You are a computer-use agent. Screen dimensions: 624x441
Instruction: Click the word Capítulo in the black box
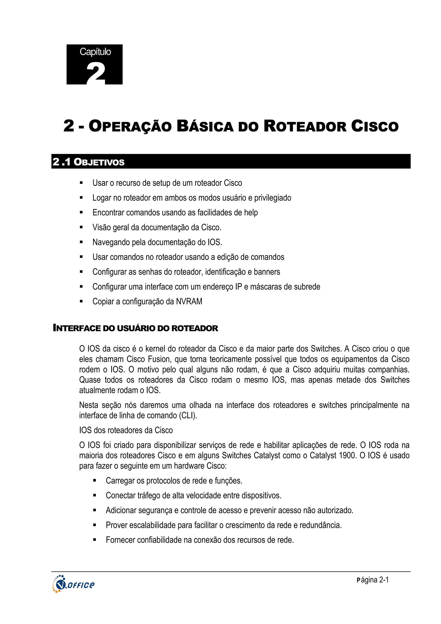click(95, 52)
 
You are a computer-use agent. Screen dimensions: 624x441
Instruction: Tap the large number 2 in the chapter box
click(96, 73)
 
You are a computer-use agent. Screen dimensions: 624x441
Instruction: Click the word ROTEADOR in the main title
click(305, 126)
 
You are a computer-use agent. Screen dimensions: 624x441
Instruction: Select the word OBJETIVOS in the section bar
click(99, 162)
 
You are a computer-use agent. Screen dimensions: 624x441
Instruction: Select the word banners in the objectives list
click(267, 272)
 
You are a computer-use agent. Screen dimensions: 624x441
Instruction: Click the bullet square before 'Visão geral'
click(81, 227)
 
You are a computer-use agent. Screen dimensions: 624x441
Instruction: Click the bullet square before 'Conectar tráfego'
click(94, 495)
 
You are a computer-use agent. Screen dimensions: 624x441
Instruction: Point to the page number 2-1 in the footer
click(384, 580)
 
